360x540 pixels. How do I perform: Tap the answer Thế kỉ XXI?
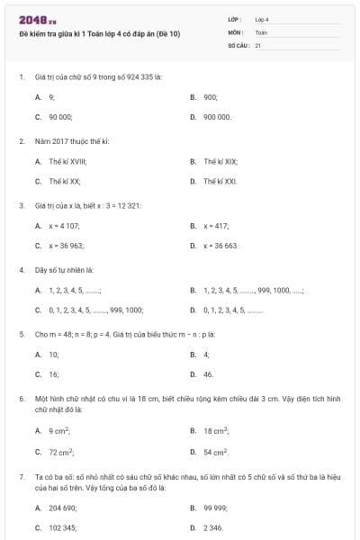click(220, 181)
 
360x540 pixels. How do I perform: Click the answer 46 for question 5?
click(208, 374)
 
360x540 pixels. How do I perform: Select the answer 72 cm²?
click(61, 452)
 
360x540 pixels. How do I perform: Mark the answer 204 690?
click(62, 508)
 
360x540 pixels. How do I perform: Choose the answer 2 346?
click(212, 527)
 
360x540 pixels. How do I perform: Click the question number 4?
click(21, 269)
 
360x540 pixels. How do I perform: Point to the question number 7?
click(21, 474)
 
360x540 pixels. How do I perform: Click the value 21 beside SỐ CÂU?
click(258, 44)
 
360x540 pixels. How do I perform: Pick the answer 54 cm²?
click(215, 452)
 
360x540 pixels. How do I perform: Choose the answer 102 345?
click(62, 527)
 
